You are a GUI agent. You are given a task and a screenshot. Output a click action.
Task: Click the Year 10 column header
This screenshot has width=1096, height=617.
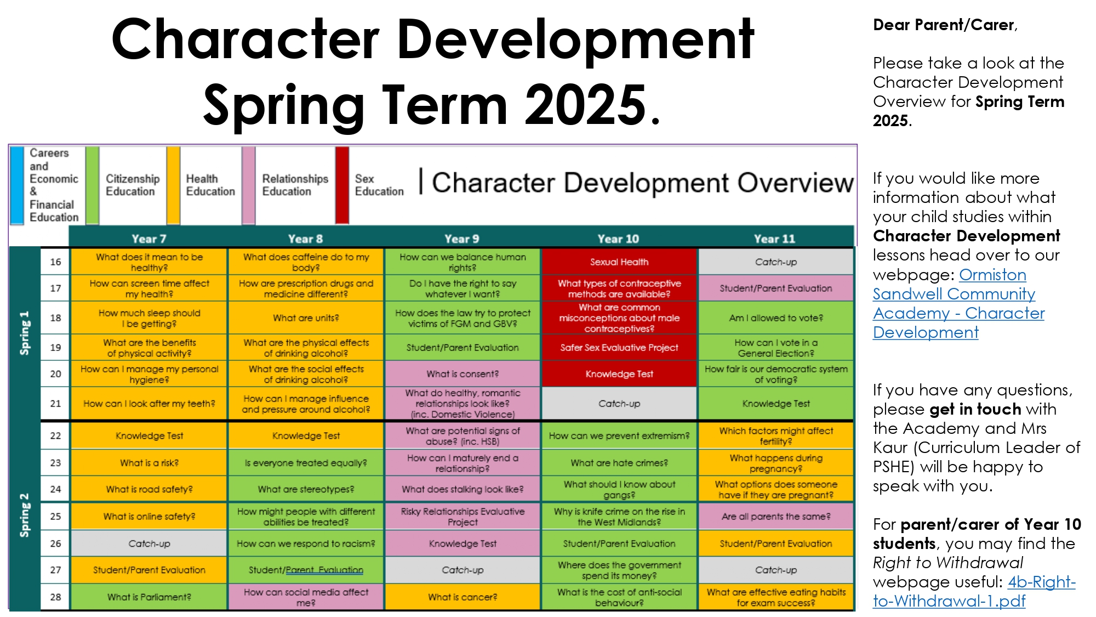(x=618, y=239)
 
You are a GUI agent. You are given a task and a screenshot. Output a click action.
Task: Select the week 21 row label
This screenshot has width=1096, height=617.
(x=55, y=404)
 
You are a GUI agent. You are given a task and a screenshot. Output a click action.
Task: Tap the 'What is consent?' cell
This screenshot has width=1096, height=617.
(x=463, y=374)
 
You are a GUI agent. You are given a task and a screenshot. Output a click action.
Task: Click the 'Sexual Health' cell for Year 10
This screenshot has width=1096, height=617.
(x=619, y=262)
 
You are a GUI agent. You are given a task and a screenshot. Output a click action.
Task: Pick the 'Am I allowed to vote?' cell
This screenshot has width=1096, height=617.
(x=775, y=318)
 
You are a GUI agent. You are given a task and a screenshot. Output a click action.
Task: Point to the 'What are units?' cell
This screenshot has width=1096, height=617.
(x=306, y=318)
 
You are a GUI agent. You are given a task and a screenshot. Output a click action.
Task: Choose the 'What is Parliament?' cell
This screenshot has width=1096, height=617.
(x=149, y=597)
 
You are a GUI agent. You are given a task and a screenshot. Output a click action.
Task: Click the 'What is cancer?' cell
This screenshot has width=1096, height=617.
(x=463, y=597)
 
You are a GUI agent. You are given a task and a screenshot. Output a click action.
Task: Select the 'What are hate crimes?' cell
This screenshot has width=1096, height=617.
(x=619, y=463)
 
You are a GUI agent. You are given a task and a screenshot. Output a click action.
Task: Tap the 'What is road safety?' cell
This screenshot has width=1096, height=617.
(x=149, y=489)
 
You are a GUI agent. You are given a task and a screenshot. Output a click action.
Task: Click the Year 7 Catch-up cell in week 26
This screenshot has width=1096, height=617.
(x=149, y=544)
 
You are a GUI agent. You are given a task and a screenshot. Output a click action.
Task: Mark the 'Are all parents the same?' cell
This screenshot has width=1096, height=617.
(x=775, y=517)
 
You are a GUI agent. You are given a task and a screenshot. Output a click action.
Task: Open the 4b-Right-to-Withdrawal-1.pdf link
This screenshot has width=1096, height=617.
(x=975, y=592)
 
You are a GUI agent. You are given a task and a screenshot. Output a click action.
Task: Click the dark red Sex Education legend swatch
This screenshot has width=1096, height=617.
(x=342, y=185)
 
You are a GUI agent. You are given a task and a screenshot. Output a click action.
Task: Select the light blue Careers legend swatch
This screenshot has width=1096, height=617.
(x=17, y=185)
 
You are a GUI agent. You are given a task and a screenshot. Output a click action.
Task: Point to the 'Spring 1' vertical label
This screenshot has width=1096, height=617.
(x=25, y=333)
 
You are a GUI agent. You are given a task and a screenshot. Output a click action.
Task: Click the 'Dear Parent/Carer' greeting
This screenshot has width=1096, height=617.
(x=944, y=25)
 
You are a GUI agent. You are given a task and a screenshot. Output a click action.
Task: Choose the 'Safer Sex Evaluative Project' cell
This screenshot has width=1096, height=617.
(x=619, y=348)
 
